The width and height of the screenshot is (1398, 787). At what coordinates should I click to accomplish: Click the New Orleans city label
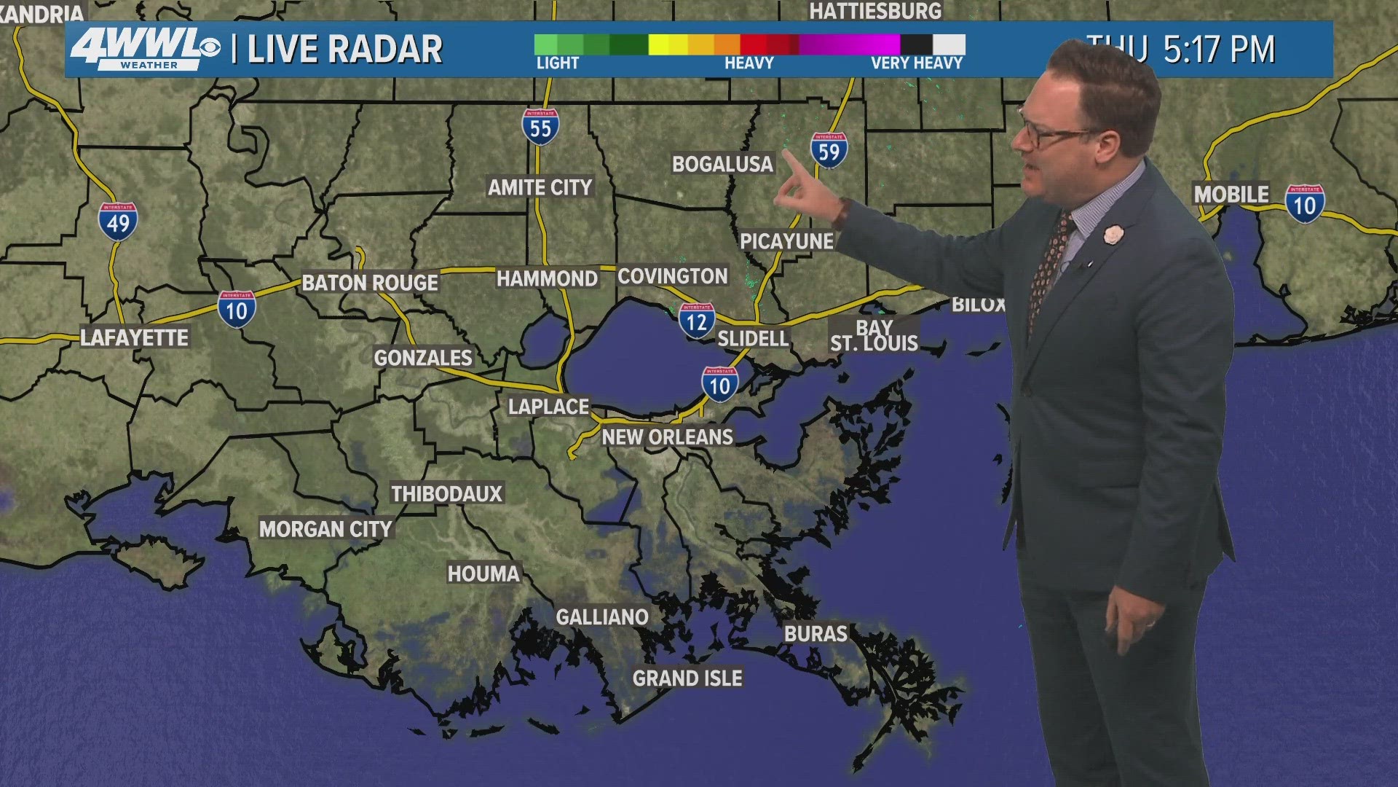(x=667, y=437)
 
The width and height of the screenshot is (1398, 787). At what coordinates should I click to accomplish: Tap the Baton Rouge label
(x=370, y=283)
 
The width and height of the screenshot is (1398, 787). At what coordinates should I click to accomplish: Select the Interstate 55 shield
(x=540, y=127)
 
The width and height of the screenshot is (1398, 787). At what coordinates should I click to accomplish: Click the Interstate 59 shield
(x=829, y=151)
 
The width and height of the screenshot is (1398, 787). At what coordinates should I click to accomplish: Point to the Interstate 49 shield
(x=118, y=222)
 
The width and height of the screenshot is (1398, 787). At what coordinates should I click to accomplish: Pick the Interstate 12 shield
(x=697, y=321)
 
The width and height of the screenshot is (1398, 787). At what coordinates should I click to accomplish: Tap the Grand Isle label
(x=687, y=678)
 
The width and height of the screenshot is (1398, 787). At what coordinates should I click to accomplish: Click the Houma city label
(x=483, y=574)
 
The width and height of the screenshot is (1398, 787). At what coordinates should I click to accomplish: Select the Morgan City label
(x=325, y=529)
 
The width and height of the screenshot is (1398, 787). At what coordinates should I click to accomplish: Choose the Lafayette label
(x=135, y=338)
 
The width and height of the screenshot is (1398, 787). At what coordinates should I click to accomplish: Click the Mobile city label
(x=1231, y=195)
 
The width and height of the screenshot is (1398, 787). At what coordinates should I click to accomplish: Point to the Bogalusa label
(x=722, y=165)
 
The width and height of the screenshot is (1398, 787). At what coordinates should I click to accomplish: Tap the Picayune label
(x=786, y=241)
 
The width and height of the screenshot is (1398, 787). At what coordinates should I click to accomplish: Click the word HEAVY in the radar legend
(x=749, y=63)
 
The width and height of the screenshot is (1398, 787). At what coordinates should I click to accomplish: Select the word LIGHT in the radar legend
(x=558, y=63)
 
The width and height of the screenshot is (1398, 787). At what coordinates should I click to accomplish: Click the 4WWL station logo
(x=145, y=50)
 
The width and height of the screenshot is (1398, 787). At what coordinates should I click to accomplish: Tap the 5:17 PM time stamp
(x=1219, y=50)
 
